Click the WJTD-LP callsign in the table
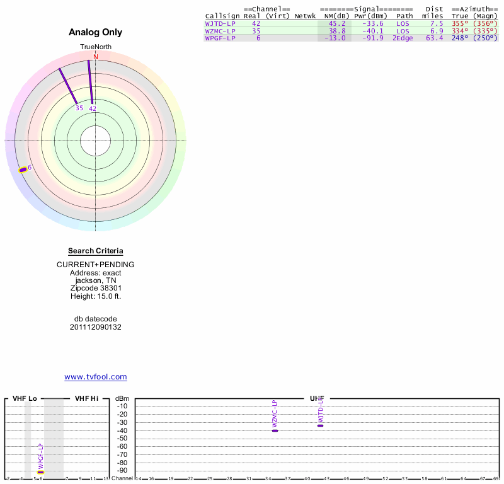[220, 23]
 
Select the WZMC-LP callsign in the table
[220, 31]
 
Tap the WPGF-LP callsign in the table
[220, 38]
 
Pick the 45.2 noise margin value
[336, 23]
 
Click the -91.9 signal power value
[372, 38]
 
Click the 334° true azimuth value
[461, 31]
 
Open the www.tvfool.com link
[96, 377]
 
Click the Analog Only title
[96, 32]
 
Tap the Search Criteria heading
[96, 251]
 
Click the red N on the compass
[96, 57]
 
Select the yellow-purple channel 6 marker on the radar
[23, 169]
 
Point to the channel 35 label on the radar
[79, 108]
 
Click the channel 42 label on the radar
[93, 109]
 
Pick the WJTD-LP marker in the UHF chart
[320, 425]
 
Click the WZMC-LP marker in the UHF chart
[275, 430]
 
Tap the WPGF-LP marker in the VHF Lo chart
[41, 472]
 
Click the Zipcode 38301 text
[96, 288]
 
